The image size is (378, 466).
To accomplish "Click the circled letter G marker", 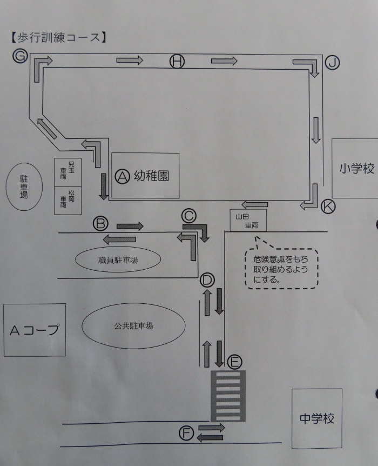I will click(21, 56).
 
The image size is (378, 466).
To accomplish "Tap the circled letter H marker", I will click(177, 62).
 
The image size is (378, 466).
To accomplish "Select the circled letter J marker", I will click(333, 64).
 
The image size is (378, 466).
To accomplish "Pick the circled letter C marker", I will click(189, 216).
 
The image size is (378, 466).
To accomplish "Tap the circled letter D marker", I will click(207, 279).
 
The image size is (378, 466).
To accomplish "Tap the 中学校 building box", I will click(317, 418).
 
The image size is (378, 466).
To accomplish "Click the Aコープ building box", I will click(34, 330).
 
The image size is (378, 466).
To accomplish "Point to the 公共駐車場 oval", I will click(133, 326).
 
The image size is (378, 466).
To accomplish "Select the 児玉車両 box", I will click(66, 172).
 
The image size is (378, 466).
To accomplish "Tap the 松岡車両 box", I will click(66, 201).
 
